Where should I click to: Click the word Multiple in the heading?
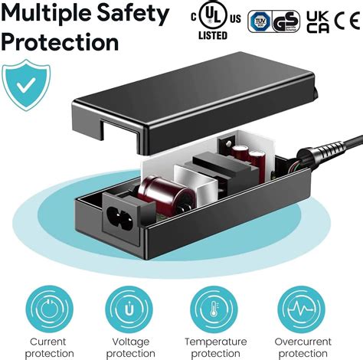(x=47, y=14)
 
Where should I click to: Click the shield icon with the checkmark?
(x=27, y=85)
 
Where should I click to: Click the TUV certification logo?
(x=260, y=21)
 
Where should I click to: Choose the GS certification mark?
(x=288, y=21)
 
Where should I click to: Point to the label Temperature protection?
(x=216, y=347)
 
